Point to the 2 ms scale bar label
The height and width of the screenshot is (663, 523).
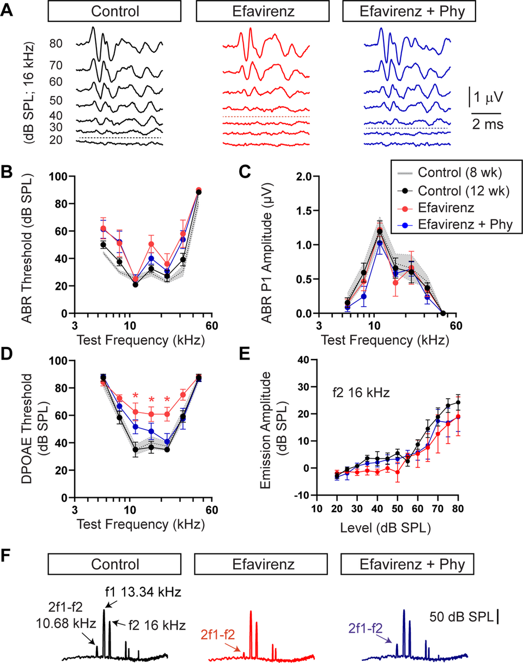click(488, 124)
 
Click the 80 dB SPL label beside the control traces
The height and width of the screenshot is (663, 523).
click(56, 44)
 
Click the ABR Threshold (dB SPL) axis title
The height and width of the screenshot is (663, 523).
click(28, 248)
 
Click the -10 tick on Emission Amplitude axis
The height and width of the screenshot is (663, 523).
click(302, 495)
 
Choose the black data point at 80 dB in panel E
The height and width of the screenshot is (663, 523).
click(458, 403)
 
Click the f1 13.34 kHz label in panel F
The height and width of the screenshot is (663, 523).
click(143, 592)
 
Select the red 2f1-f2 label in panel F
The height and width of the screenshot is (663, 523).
click(218, 635)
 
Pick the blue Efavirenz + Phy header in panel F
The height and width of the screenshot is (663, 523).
click(407, 564)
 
